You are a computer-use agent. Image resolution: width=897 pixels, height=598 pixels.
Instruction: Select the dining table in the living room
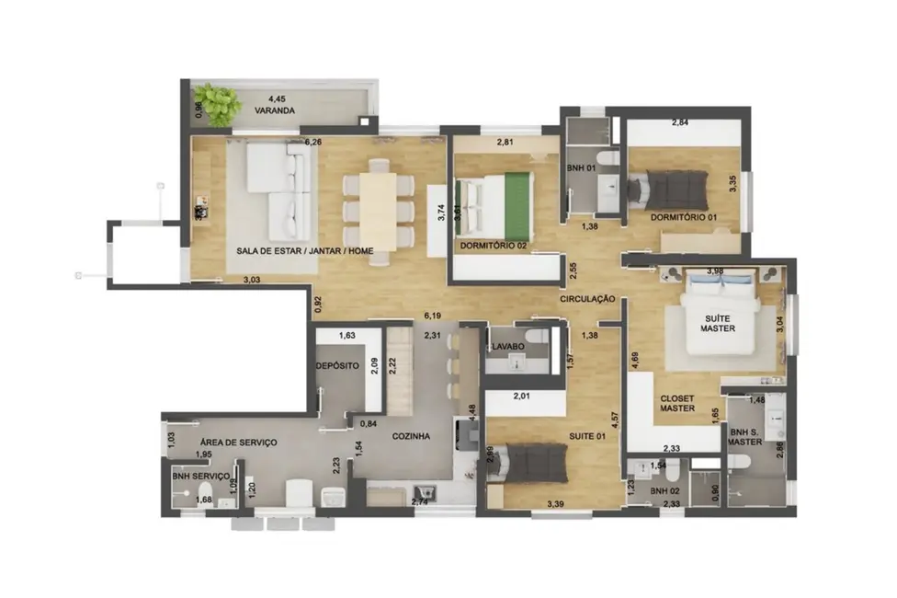pyautogui.click(x=378, y=211)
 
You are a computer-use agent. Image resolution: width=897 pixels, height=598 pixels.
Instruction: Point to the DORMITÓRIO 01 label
pyautogui.click(x=683, y=217)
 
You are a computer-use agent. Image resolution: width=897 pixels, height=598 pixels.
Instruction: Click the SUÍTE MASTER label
pyautogui.click(x=717, y=321)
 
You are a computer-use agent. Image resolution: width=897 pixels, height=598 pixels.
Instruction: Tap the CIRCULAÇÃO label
pyautogui.click(x=586, y=299)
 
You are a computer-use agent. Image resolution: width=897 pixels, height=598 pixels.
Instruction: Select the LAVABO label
pyautogui.click(x=507, y=346)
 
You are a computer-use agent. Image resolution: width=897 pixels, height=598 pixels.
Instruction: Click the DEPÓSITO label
pyautogui.click(x=336, y=365)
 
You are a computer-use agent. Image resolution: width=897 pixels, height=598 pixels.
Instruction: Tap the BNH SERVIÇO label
pyautogui.click(x=199, y=476)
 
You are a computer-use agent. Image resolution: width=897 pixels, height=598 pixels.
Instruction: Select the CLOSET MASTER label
pyautogui.click(x=678, y=404)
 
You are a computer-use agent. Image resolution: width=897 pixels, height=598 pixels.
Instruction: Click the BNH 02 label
pyautogui.click(x=664, y=492)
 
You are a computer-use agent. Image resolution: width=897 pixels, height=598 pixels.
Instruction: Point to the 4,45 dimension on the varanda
pyautogui.click(x=277, y=98)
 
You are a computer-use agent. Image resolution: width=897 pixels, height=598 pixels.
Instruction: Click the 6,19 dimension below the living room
pyautogui.click(x=433, y=315)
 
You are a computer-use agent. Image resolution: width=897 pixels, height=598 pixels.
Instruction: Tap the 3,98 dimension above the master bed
pyautogui.click(x=717, y=270)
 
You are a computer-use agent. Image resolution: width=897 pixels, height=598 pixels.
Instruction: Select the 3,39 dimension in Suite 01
pyautogui.click(x=555, y=504)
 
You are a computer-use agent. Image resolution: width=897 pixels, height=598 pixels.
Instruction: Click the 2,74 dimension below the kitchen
pyautogui.click(x=419, y=502)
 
